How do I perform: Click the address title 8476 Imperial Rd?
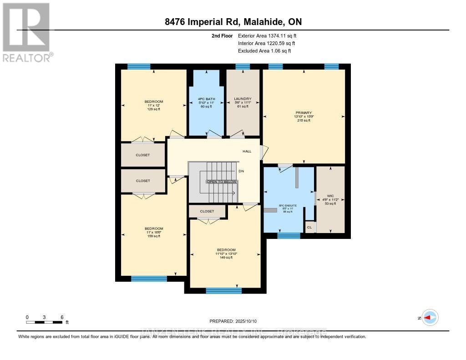[233, 22]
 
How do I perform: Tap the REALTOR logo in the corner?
[26, 32]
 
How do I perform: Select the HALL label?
[247, 151]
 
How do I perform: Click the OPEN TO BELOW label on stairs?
[222, 182]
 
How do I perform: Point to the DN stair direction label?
[241, 172]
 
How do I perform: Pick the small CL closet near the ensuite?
[309, 227]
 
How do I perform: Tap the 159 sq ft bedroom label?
[154, 232]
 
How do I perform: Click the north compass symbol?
[430, 318]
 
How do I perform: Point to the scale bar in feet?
[44, 322]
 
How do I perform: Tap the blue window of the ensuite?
[289, 236]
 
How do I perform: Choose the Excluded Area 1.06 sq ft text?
[264, 51]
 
